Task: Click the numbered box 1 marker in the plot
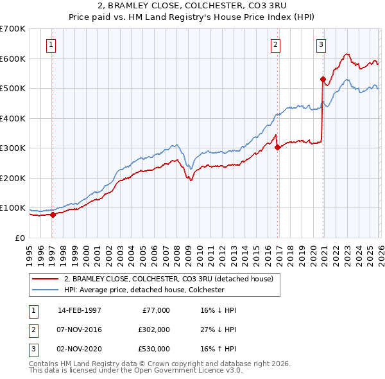coord(51,44)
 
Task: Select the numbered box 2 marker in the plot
coord(275,44)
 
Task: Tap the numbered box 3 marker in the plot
coord(320,44)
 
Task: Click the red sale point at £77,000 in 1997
coord(53,215)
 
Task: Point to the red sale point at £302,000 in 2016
coord(277,147)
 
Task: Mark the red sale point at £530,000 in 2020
coord(323,80)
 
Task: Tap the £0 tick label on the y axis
coord(20,238)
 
